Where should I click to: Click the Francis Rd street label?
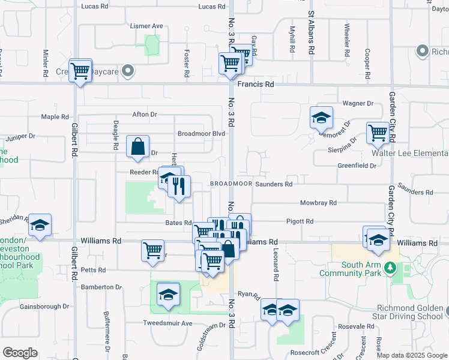(x=255, y=85)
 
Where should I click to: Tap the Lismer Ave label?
(x=147, y=26)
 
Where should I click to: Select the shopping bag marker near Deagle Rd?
(x=138, y=147)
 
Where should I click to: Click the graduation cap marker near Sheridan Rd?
(x=40, y=226)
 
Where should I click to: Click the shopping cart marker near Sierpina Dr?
(x=378, y=133)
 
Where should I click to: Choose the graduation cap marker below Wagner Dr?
(x=322, y=118)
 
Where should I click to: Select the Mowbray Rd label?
(x=318, y=203)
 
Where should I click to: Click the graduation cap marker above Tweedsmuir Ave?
(x=169, y=295)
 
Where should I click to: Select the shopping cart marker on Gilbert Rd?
(x=79, y=71)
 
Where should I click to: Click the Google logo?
(x=20, y=353)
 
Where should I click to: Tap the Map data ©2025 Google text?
(x=412, y=355)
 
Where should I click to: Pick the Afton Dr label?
(x=145, y=114)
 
